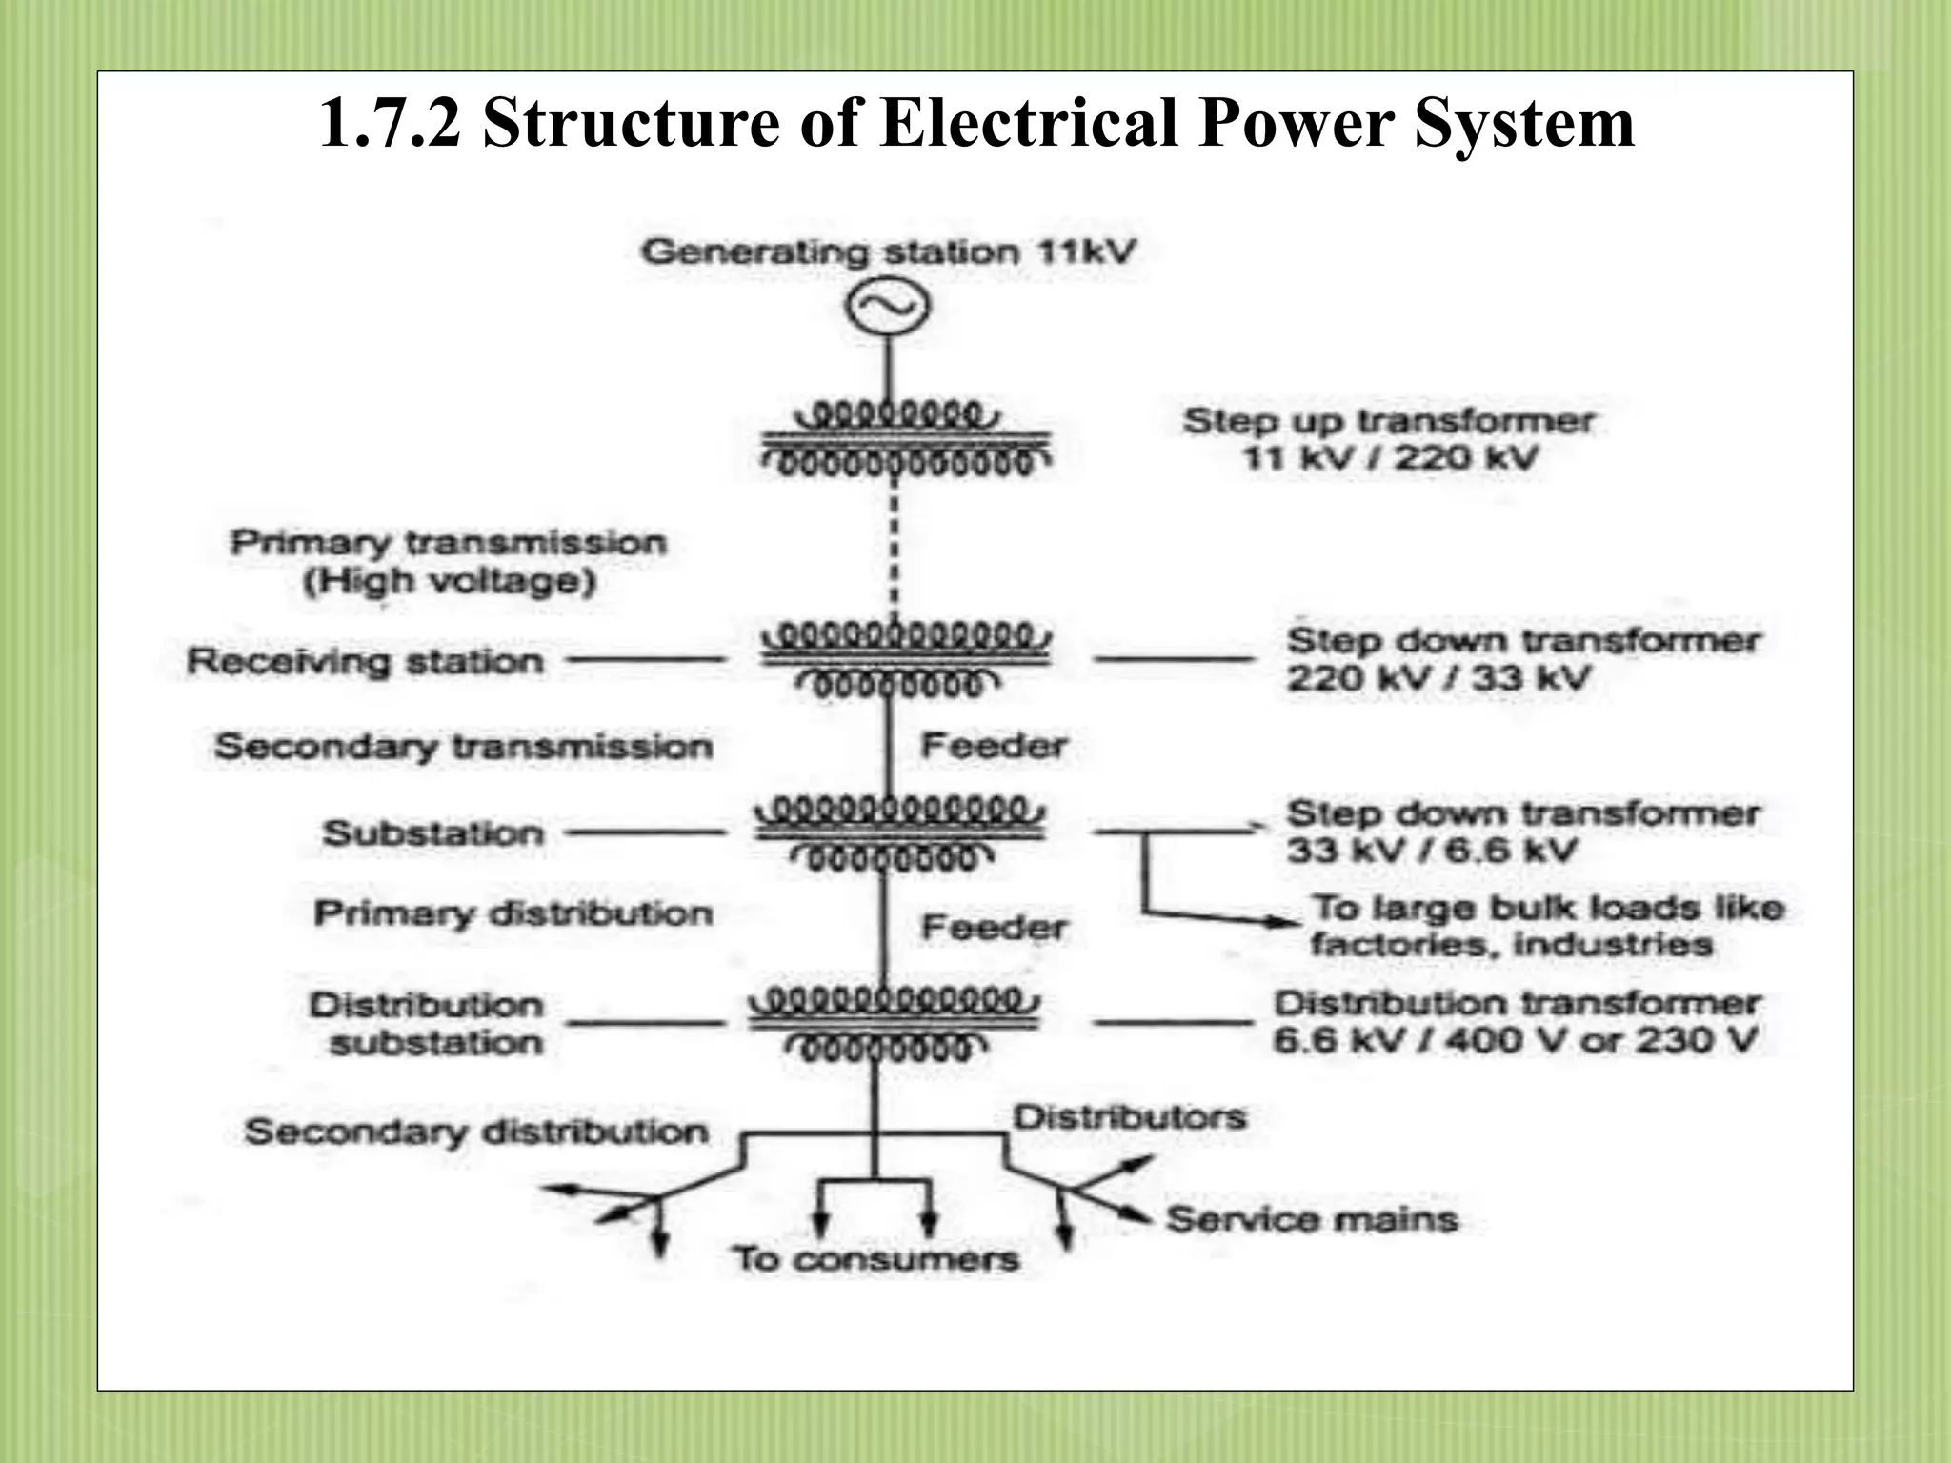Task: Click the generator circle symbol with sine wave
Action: [x=888, y=307]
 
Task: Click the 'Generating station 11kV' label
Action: [x=888, y=252]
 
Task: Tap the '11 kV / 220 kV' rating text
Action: [x=1390, y=459]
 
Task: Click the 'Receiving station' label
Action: [x=365, y=661]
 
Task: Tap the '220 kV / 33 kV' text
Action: [x=1438, y=679]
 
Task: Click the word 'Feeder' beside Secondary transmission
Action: [x=994, y=746]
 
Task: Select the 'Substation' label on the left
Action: [x=433, y=833]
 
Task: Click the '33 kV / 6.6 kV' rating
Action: [x=1432, y=851]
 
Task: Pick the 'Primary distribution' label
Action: [x=513, y=913]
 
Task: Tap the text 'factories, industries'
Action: [x=1511, y=945]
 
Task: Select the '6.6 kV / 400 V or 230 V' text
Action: [x=1515, y=1040]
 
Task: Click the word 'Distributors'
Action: [x=1129, y=1116]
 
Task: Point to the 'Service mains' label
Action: [x=1312, y=1219]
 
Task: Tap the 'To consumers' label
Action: [x=875, y=1259]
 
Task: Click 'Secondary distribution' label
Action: [x=476, y=1132]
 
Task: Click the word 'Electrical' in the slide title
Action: [x=1029, y=124]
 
